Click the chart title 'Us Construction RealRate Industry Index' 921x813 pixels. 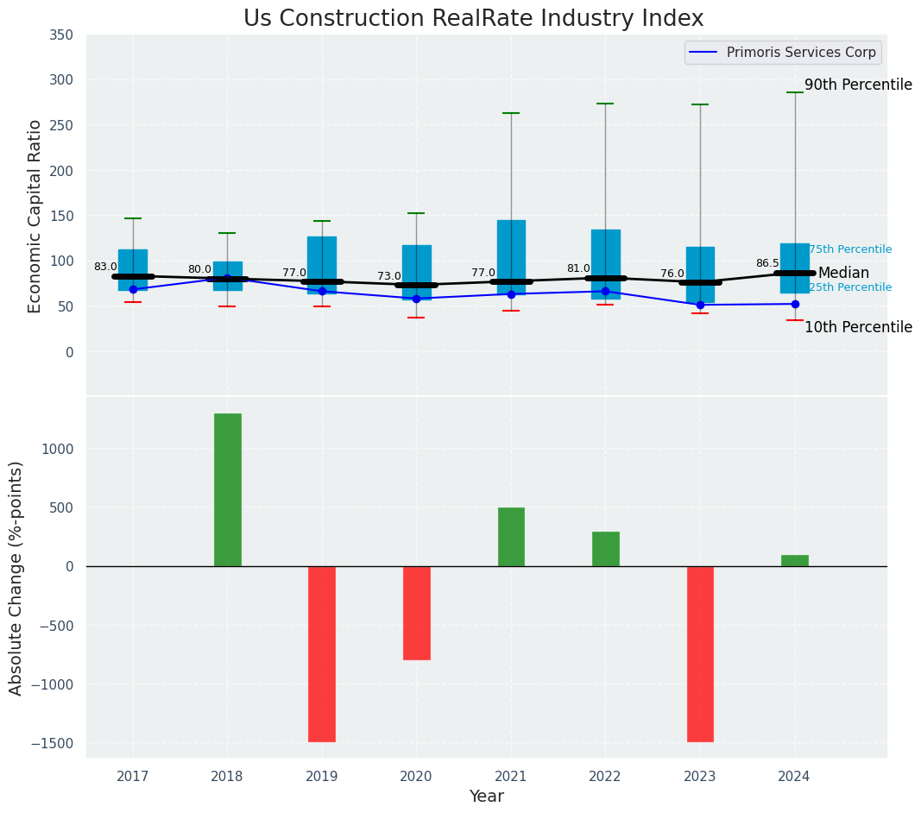click(x=473, y=19)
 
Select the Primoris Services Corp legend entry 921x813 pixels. click(x=784, y=53)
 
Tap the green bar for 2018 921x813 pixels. click(x=228, y=489)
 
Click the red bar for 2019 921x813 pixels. click(x=322, y=653)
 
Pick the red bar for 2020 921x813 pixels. click(x=416, y=613)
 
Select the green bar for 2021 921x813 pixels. click(x=511, y=537)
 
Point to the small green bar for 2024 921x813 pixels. click(x=794, y=561)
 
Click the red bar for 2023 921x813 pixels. click(x=700, y=653)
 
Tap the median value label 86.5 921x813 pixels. click(x=767, y=263)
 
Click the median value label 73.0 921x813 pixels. click(x=388, y=276)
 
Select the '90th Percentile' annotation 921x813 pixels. click(x=858, y=85)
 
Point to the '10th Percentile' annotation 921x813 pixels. click(x=858, y=327)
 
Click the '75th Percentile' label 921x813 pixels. click(x=850, y=249)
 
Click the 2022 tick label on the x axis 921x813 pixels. click(x=605, y=777)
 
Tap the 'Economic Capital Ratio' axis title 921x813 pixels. click(x=35, y=216)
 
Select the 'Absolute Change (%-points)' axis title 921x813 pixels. click(x=16, y=577)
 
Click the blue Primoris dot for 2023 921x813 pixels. click(x=700, y=305)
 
